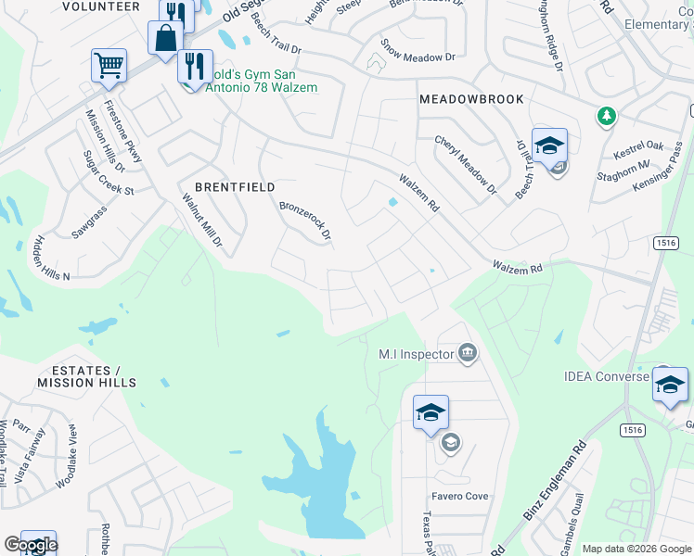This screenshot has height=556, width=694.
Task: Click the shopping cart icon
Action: click(x=109, y=65)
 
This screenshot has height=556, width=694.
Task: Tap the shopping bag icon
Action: click(x=165, y=39)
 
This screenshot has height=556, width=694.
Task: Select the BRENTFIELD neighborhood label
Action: click(x=235, y=187)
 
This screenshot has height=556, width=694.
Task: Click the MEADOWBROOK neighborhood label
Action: click(x=471, y=99)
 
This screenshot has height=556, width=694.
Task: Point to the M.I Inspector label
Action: click(x=415, y=354)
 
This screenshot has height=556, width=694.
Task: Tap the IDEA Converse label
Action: click(x=607, y=376)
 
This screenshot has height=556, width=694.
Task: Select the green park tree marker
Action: click(x=606, y=116)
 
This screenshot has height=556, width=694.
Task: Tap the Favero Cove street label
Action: click(x=459, y=497)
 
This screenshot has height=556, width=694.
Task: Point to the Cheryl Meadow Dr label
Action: click(x=466, y=167)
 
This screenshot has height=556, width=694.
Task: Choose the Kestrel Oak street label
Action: click(x=639, y=145)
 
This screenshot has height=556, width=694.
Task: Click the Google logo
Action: click(x=31, y=545)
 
